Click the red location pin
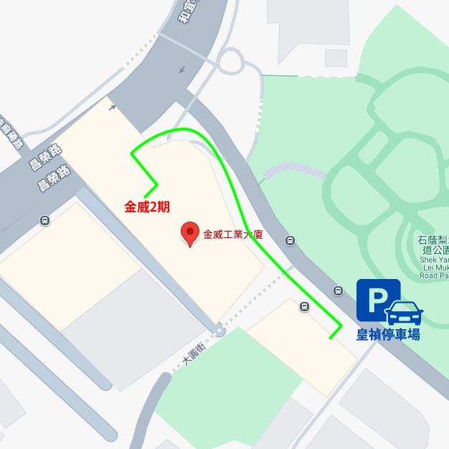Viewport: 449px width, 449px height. click(189, 232)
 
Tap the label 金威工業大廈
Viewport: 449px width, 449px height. click(233, 234)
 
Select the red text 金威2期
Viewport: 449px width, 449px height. click(147, 207)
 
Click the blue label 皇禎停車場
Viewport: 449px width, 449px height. click(388, 334)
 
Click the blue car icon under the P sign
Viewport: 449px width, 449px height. click(405, 313)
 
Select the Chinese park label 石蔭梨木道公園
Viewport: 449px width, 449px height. click(435, 245)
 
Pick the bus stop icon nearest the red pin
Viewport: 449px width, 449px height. click(290, 241)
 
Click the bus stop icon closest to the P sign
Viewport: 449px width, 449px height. click(338, 290)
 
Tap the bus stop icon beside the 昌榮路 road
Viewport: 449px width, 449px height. click(45, 221)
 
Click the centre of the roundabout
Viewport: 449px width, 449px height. click(230, 61)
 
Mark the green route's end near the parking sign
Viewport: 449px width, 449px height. click(331, 337)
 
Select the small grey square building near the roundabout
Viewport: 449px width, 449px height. click(336, 57)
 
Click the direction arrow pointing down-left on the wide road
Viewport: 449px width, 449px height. click(182, 70)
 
